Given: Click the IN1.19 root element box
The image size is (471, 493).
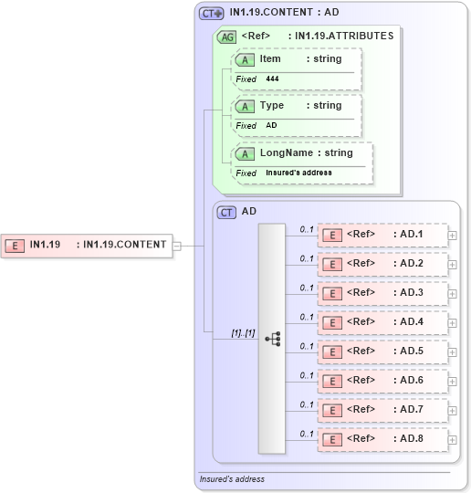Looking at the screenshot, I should pyautogui.click(x=87, y=245).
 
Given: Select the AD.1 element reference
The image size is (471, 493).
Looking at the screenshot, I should pyautogui.click(x=382, y=235).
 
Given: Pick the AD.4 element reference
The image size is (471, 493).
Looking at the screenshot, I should pyautogui.click(x=382, y=322).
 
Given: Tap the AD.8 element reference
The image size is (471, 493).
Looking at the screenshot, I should pyautogui.click(x=382, y=439).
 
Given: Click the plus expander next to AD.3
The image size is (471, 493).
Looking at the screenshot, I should pyautogui.click(x=453, y=293).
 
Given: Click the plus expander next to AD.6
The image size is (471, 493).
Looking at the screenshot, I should pyautogui.click(x=453, y=381).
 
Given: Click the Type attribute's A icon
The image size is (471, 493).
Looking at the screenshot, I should pyautogui.click(x=245, y=107).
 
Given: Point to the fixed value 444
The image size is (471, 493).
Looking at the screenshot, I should pyautogui.click(x=273, y=79).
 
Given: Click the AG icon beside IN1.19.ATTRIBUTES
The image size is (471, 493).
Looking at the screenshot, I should pyautogui.click(x=226, y=37).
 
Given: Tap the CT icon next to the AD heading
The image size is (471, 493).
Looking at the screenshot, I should pyautogui.click(x=226, y=212).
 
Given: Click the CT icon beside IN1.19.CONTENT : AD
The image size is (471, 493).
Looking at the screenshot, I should pyautogui.click(x=212, y=14).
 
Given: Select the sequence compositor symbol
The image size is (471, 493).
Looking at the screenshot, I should pyautogui.click(x=272, y=338).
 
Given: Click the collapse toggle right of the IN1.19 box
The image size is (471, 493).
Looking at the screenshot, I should pyautogui.click(x=177, y=245).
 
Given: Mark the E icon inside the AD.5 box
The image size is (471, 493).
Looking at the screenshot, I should pyautogui.click(x=334, y=351).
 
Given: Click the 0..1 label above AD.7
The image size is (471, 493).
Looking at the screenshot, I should pyautogui.click(x=307, y=404).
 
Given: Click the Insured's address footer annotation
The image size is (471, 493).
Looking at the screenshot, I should pyautogui.click(x=232, y=479).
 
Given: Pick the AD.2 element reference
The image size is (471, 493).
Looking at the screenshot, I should pyautogui.click(x=382, y=264).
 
